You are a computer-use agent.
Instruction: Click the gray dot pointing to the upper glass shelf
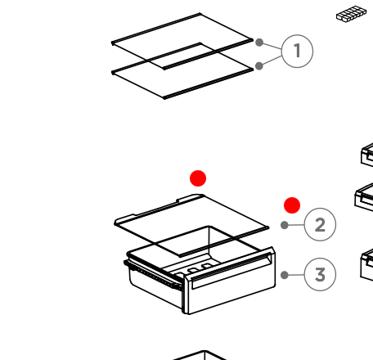point(259,43)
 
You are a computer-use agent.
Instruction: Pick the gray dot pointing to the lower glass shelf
point(259,65)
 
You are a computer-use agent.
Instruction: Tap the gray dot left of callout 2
point(285,225)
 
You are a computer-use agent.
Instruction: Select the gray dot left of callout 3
point(285,275)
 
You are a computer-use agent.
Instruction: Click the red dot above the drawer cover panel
point(198,178)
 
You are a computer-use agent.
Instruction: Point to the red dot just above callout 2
point(292,205)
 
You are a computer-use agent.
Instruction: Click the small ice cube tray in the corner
point(351,14)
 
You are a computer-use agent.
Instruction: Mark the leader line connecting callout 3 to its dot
point(296,275)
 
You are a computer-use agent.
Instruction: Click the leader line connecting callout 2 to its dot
point(296,225)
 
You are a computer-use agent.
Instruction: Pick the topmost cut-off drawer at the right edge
point(367,155)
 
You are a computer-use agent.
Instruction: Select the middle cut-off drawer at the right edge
point(364,197)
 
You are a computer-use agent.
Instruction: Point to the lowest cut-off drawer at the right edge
point(367,265)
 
